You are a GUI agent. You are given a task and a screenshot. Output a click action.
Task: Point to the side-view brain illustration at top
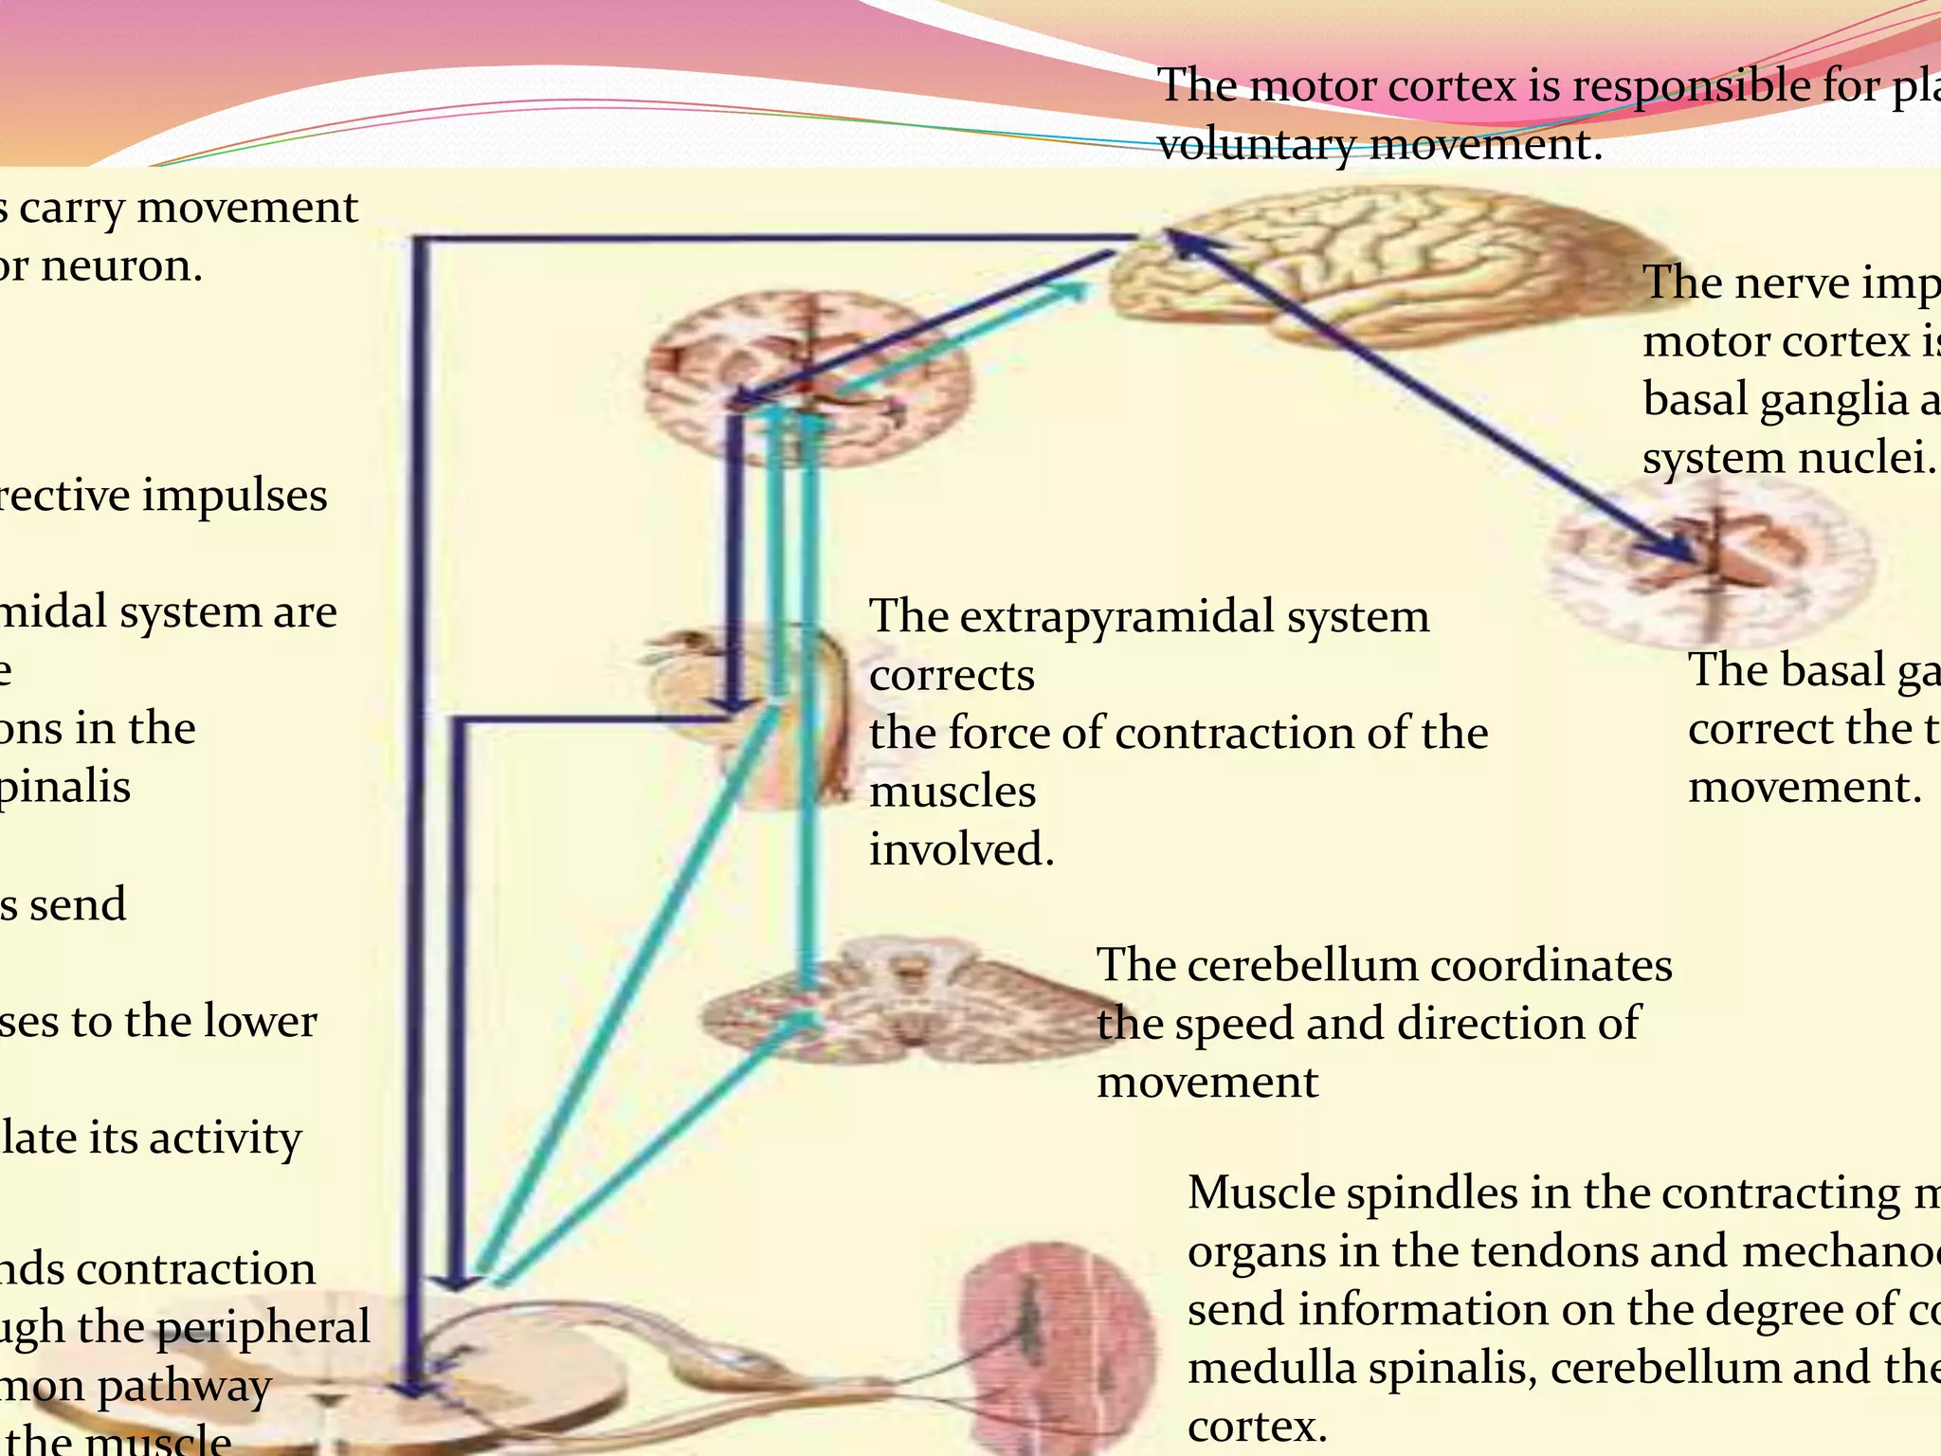coord(1365,265)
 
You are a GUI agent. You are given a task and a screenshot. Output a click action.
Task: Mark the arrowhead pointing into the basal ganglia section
coord(1682,550)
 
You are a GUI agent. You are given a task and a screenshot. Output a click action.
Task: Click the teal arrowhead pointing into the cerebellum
coord(806,1024)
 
